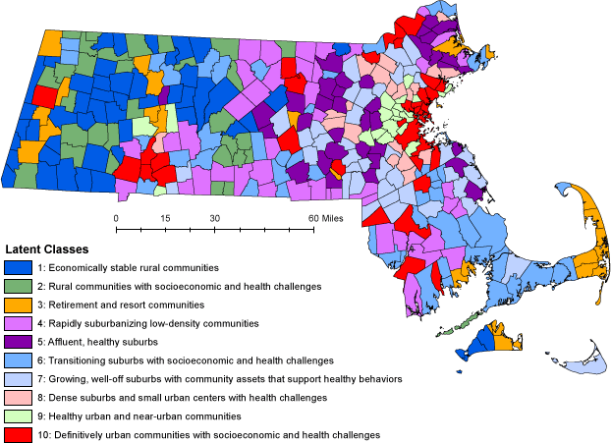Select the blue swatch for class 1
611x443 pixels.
[x=17, y=267]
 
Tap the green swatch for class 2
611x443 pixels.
[x=17, y=286]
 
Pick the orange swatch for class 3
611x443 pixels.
[x=17, y=305]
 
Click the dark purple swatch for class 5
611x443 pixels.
[x=17, y=342]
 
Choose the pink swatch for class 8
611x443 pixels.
[x=17, y=398]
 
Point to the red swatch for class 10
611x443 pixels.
[x=17, y=434]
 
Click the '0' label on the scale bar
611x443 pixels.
[x=116, y=217]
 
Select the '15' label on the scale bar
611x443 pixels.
[x=165, y=217]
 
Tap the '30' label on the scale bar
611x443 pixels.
[x=214, y=217]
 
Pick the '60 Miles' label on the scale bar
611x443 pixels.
[x=324, y=217]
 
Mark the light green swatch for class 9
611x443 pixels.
[x=17, y=415]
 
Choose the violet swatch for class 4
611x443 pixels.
[x=17, y=323]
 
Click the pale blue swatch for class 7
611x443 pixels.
[x=17, y=379]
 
